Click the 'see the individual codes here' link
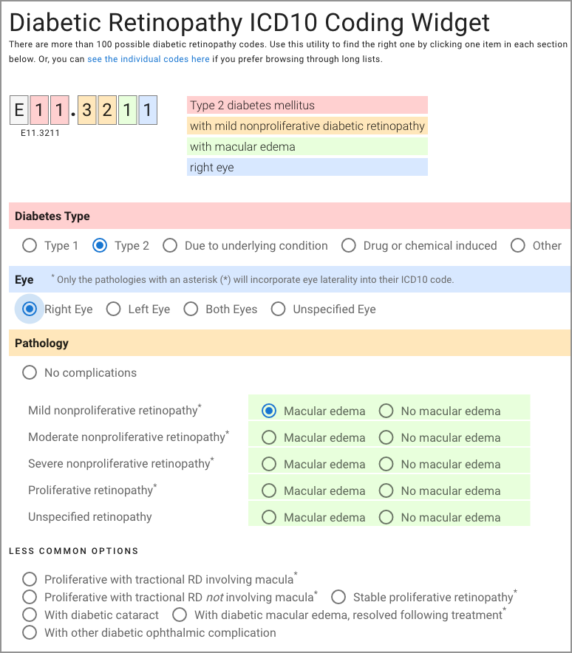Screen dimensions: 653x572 point(148,59)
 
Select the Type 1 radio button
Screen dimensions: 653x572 point(30,245)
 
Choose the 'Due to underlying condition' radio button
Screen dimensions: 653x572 point(170,245)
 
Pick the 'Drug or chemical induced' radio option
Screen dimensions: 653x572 point(349,245)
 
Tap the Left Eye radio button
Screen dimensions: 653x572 point(113,309)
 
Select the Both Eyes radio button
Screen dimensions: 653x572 point(191,309)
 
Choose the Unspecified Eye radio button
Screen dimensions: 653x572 point(278,309)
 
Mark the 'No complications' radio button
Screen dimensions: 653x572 point(30,372)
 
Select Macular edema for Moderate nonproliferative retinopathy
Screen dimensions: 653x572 point(269,437)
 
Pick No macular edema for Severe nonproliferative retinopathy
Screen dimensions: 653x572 point(386,464)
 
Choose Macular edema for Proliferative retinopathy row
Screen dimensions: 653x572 point(269,490)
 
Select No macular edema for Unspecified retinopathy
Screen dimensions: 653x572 point(386,517)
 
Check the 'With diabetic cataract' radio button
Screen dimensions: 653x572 point(30,615)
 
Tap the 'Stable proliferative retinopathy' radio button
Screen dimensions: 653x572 point(338,597)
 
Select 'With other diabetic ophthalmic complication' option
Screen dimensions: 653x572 point(30,632)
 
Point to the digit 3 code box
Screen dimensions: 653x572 point(87,111)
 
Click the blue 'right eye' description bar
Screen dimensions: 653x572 point(307,168)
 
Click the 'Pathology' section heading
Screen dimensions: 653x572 point(41,343)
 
